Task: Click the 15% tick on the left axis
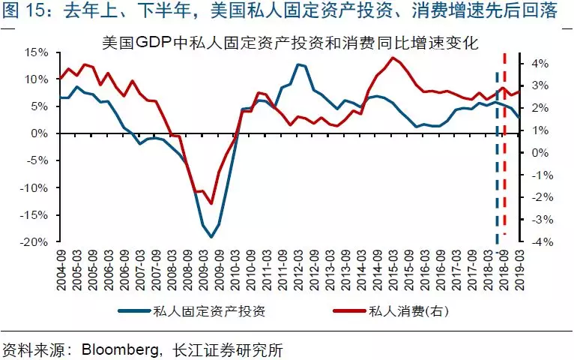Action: point(37,52)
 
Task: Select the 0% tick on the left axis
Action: point(40,133)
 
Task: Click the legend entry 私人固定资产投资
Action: point(208,310)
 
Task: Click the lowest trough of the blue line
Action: point(211,237)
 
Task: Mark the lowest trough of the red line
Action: point(211,203)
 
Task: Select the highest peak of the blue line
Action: point(298,64)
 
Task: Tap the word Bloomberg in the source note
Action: point(116,349)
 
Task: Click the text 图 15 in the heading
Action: point(20,13)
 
